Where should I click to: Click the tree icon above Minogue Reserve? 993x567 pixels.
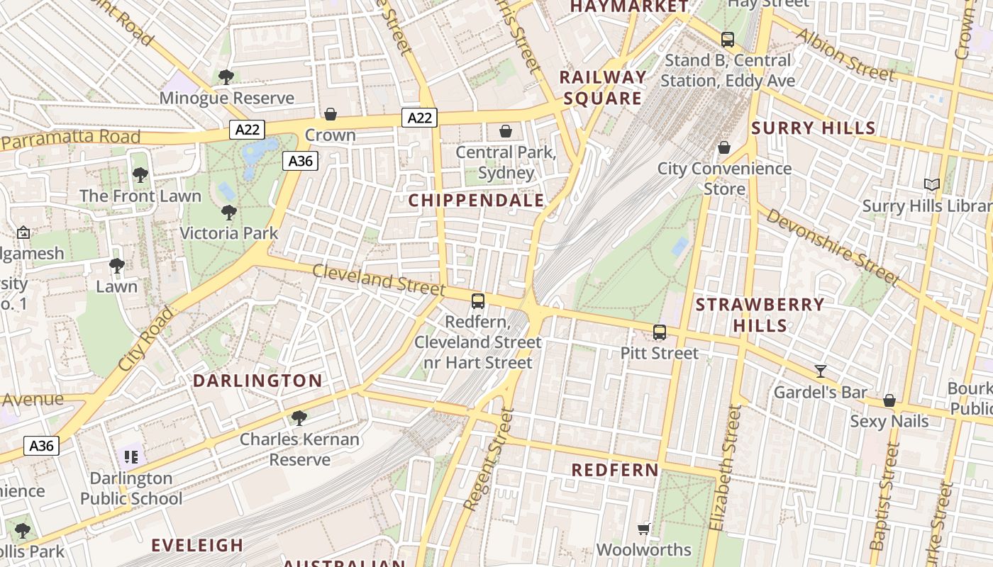pyautogui.click(x=226, y=77)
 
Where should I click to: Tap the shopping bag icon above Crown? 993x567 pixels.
pyautogui.click(x=331, y=114)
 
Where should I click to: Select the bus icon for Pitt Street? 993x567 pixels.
pyautogui.click(x=660, y=332)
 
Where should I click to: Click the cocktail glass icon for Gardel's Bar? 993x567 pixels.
pyautogui.click(x=821, y=371)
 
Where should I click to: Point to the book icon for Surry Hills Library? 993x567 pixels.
pyautogui.click(x=931, y=185)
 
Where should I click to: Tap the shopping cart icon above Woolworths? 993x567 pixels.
pyautogui.click(x=644, y=529)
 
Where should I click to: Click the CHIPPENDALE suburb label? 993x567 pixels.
pyautogui.click(x=476, y=201)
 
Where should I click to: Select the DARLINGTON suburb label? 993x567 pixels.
pyautogui.click(x=257, y=381)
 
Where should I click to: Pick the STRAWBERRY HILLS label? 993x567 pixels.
pyautogui.click(x=760, y=315)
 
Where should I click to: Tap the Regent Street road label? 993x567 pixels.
pyautogui.click(x=487, y=459)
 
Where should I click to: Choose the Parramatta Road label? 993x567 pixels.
pyautogui.click(x=70, y=139)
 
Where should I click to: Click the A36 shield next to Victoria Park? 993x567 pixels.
pyautogui.click(x=300, y=161)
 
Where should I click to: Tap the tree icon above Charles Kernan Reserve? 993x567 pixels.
pyautogui.click(x=299, y=418)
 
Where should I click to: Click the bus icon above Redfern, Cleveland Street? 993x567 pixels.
pyautogui.click(x=478, y=301)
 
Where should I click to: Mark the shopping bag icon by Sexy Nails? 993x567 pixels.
pyautogui.click(x=889, y=400)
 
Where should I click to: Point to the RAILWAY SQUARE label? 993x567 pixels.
pyautogui.click(x=603, y=88)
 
